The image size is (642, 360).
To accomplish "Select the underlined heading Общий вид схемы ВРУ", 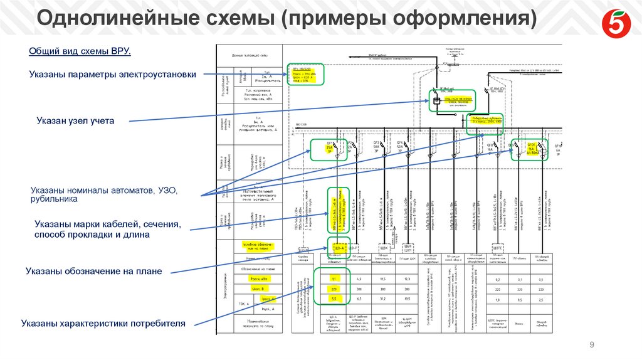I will (x=80, y=51).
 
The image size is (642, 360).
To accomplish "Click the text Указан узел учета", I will (x=75, y=120).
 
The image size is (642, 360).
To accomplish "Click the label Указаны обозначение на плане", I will (x=93, y=271).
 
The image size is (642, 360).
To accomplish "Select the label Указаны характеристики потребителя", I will (x=103, y=324).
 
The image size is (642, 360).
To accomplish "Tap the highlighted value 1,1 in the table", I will (x=334, y=278).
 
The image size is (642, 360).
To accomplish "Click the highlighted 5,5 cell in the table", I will (x=334, y=299).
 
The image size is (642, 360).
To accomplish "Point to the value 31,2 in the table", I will (x=382, y=299).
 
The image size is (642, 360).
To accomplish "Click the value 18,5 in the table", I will (x=382, y=278).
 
